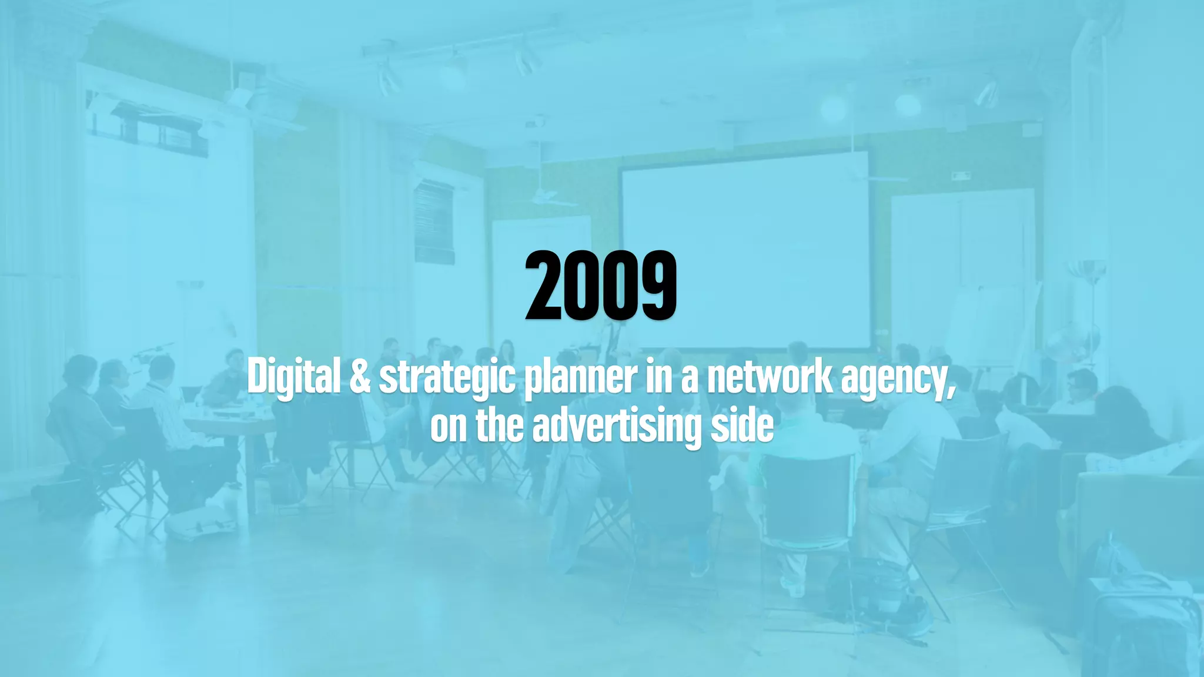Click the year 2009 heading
601,286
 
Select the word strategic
447,378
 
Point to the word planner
580,378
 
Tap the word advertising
617,427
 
